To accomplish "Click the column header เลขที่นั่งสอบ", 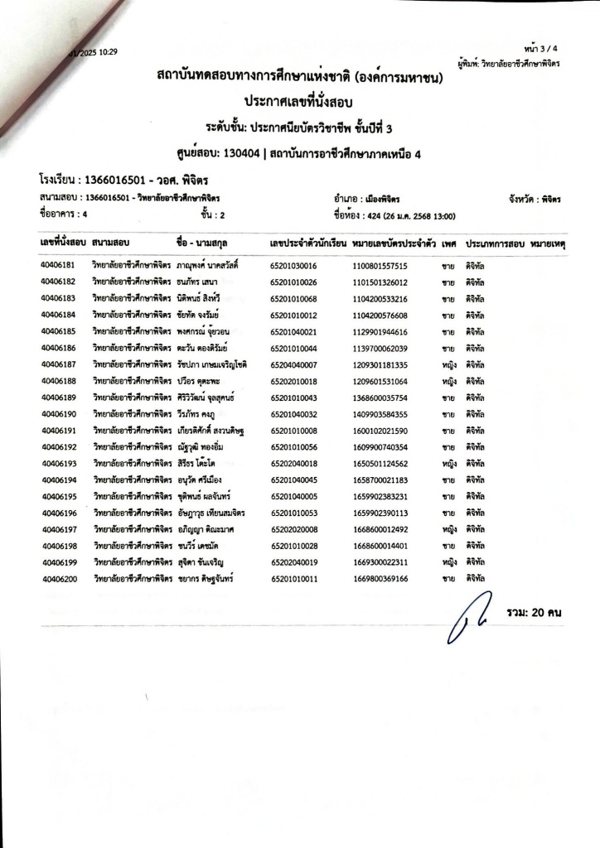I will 63,245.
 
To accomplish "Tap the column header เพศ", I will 450,245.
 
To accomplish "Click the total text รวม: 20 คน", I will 534,612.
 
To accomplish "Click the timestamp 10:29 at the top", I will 108,51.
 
